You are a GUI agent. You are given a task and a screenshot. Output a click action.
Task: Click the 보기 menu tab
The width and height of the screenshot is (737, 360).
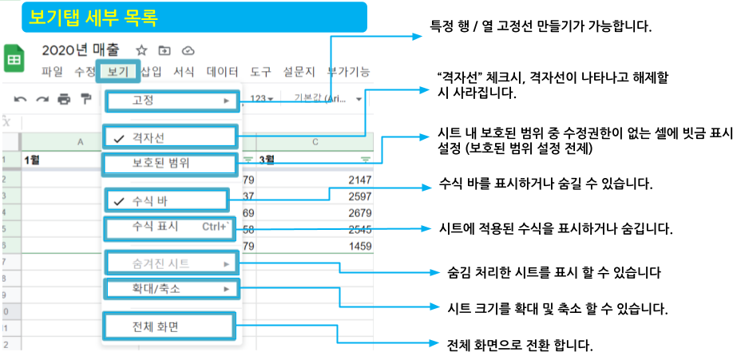(118, 71)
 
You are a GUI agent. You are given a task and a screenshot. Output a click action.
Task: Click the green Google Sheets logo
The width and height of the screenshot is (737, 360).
(14, 59)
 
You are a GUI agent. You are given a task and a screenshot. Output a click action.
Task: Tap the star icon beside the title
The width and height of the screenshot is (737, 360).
(141, 50)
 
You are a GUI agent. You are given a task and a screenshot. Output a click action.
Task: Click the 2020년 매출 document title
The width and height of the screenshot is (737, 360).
(81, 49)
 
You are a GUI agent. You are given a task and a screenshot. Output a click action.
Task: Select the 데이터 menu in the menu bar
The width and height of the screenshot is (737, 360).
(222, 72)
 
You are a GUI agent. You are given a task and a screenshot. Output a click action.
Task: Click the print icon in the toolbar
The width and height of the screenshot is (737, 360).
(64, 99)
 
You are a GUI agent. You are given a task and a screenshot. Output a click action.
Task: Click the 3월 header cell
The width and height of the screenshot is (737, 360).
(315, 160)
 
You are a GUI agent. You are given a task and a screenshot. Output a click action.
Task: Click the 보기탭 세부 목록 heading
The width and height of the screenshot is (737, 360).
(93, 18)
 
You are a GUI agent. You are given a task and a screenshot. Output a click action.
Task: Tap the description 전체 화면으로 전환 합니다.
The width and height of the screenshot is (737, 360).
(520, 346)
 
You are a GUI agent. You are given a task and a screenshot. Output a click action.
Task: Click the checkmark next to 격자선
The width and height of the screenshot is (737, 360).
(120, 138)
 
